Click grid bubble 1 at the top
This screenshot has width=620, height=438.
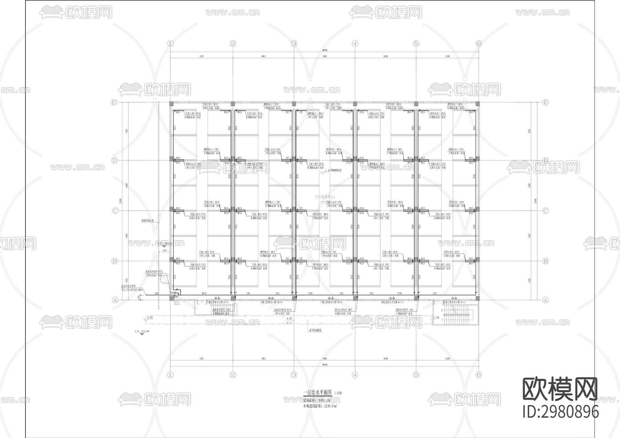[170, 43]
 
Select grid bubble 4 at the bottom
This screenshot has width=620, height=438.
[355, 375]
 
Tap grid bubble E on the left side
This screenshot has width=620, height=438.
[113, 102]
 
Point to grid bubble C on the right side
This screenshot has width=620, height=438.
[545, 211]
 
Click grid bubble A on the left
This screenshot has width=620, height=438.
[115, 300]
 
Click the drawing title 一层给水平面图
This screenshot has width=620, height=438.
[317, 393]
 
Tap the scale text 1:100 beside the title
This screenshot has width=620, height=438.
[338, 393]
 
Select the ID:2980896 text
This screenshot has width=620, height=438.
[560, 412]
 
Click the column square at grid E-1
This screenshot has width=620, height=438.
[171, 104]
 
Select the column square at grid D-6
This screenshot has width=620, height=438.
[477, 159]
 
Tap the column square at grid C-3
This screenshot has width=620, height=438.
[294, 209]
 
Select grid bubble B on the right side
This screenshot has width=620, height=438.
[545, 261]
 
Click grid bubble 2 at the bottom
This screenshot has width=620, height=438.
[233, 375]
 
